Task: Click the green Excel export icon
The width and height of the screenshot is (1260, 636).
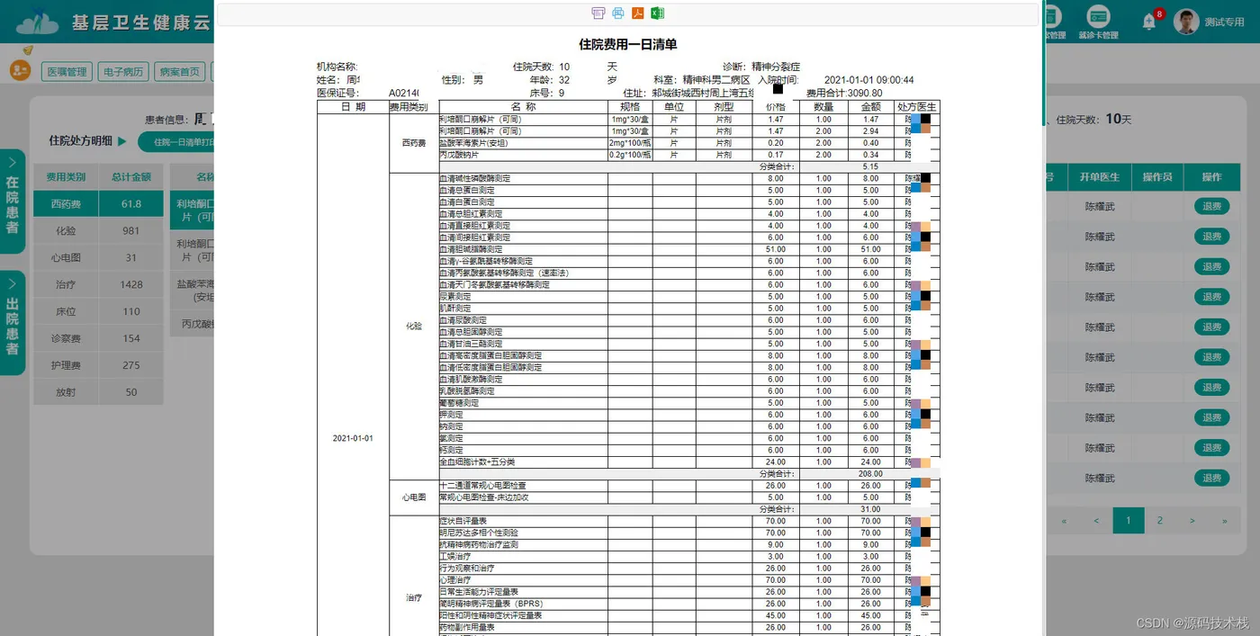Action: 657,13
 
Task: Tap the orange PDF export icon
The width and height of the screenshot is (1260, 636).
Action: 637,13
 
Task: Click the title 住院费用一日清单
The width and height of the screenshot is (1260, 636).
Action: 628,44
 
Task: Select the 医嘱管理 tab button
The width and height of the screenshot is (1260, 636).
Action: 67,72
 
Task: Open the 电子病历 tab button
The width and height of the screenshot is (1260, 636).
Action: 123,72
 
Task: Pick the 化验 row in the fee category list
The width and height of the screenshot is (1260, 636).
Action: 66,231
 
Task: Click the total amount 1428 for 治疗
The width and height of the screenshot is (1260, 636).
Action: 131,284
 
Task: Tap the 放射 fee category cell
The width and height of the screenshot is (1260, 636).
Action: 66,392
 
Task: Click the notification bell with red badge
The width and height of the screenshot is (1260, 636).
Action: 1149,22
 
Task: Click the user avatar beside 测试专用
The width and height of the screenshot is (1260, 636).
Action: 1186,22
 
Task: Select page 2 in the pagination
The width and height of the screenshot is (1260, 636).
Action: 1160,520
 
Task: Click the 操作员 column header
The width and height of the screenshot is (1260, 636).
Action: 1156,177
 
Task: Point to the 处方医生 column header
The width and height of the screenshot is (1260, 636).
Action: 917,107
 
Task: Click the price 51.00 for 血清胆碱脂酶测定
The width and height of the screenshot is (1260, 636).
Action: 775,249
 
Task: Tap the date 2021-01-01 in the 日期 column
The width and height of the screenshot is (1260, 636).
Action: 353,438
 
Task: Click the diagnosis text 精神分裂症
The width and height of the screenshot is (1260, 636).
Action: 777,67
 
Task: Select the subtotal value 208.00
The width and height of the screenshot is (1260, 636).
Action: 870,473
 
